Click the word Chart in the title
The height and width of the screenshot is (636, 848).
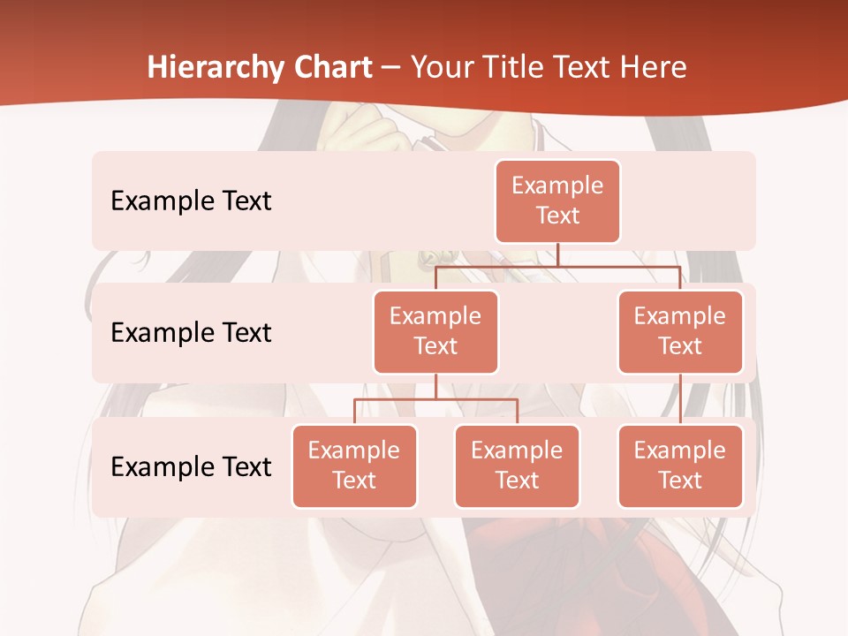[x=331, y=68]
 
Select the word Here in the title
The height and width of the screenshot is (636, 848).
[x=655, y=68]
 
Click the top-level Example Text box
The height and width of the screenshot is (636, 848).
[x=557, y=201]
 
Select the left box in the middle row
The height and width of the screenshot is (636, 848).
[x=435, y=331]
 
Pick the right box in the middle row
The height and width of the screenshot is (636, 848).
[x=680, y=331]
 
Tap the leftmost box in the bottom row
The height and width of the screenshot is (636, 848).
[x=354, y=466]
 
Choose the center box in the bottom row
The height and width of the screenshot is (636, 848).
[x=517, y=466]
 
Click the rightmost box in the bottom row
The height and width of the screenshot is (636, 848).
[x=680, y=466]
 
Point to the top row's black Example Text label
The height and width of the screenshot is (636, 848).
[x=191, y=201]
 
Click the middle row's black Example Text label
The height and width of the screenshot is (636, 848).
[x=191, y=333]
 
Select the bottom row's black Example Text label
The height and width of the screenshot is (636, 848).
[x=191, y=466]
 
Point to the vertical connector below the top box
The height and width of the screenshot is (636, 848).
[x=557, y=254]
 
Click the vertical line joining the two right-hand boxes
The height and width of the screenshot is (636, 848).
[x=680, y=399]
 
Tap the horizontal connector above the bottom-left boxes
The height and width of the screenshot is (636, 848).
[x=435, y=399]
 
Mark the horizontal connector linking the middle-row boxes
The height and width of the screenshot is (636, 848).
[x=557, y=266]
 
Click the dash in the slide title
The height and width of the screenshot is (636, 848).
[x=390, y=68]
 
